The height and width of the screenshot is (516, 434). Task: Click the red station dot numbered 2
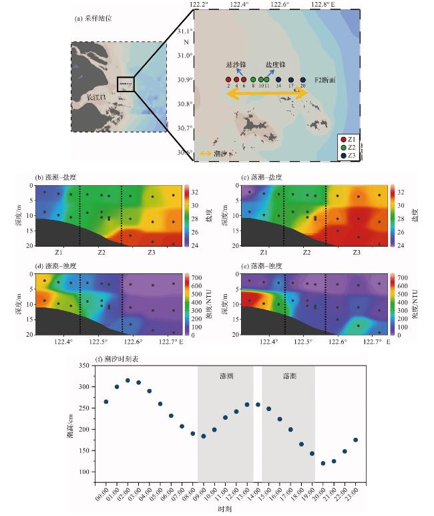[x=228, y=80]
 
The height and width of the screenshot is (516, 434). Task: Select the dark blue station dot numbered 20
[x=302, y=80]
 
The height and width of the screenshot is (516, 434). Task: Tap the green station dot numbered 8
[x=253, y=80]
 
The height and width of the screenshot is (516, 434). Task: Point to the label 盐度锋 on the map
[x=276, y=65]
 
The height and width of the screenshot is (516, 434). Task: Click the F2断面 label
[x=325, y=80]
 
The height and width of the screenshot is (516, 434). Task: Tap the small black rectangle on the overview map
[x=126, y=84]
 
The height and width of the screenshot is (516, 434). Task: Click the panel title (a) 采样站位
[x=93, y=19]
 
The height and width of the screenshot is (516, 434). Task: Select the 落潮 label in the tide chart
[x=288, y=376]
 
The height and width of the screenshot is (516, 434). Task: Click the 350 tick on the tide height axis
[x=82, y=366]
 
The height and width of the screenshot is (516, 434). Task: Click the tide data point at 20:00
[x=323, y=463]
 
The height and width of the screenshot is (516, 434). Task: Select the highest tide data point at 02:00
[x=128, y=380]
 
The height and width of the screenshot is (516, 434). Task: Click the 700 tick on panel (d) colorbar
[x=407, y=276]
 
